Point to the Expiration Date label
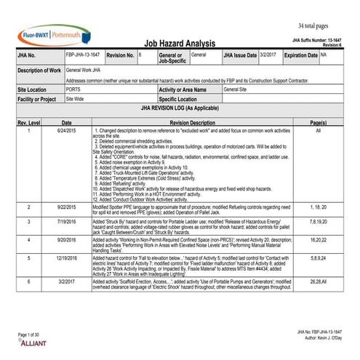pos(300,55)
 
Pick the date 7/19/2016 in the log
pos(66,220)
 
